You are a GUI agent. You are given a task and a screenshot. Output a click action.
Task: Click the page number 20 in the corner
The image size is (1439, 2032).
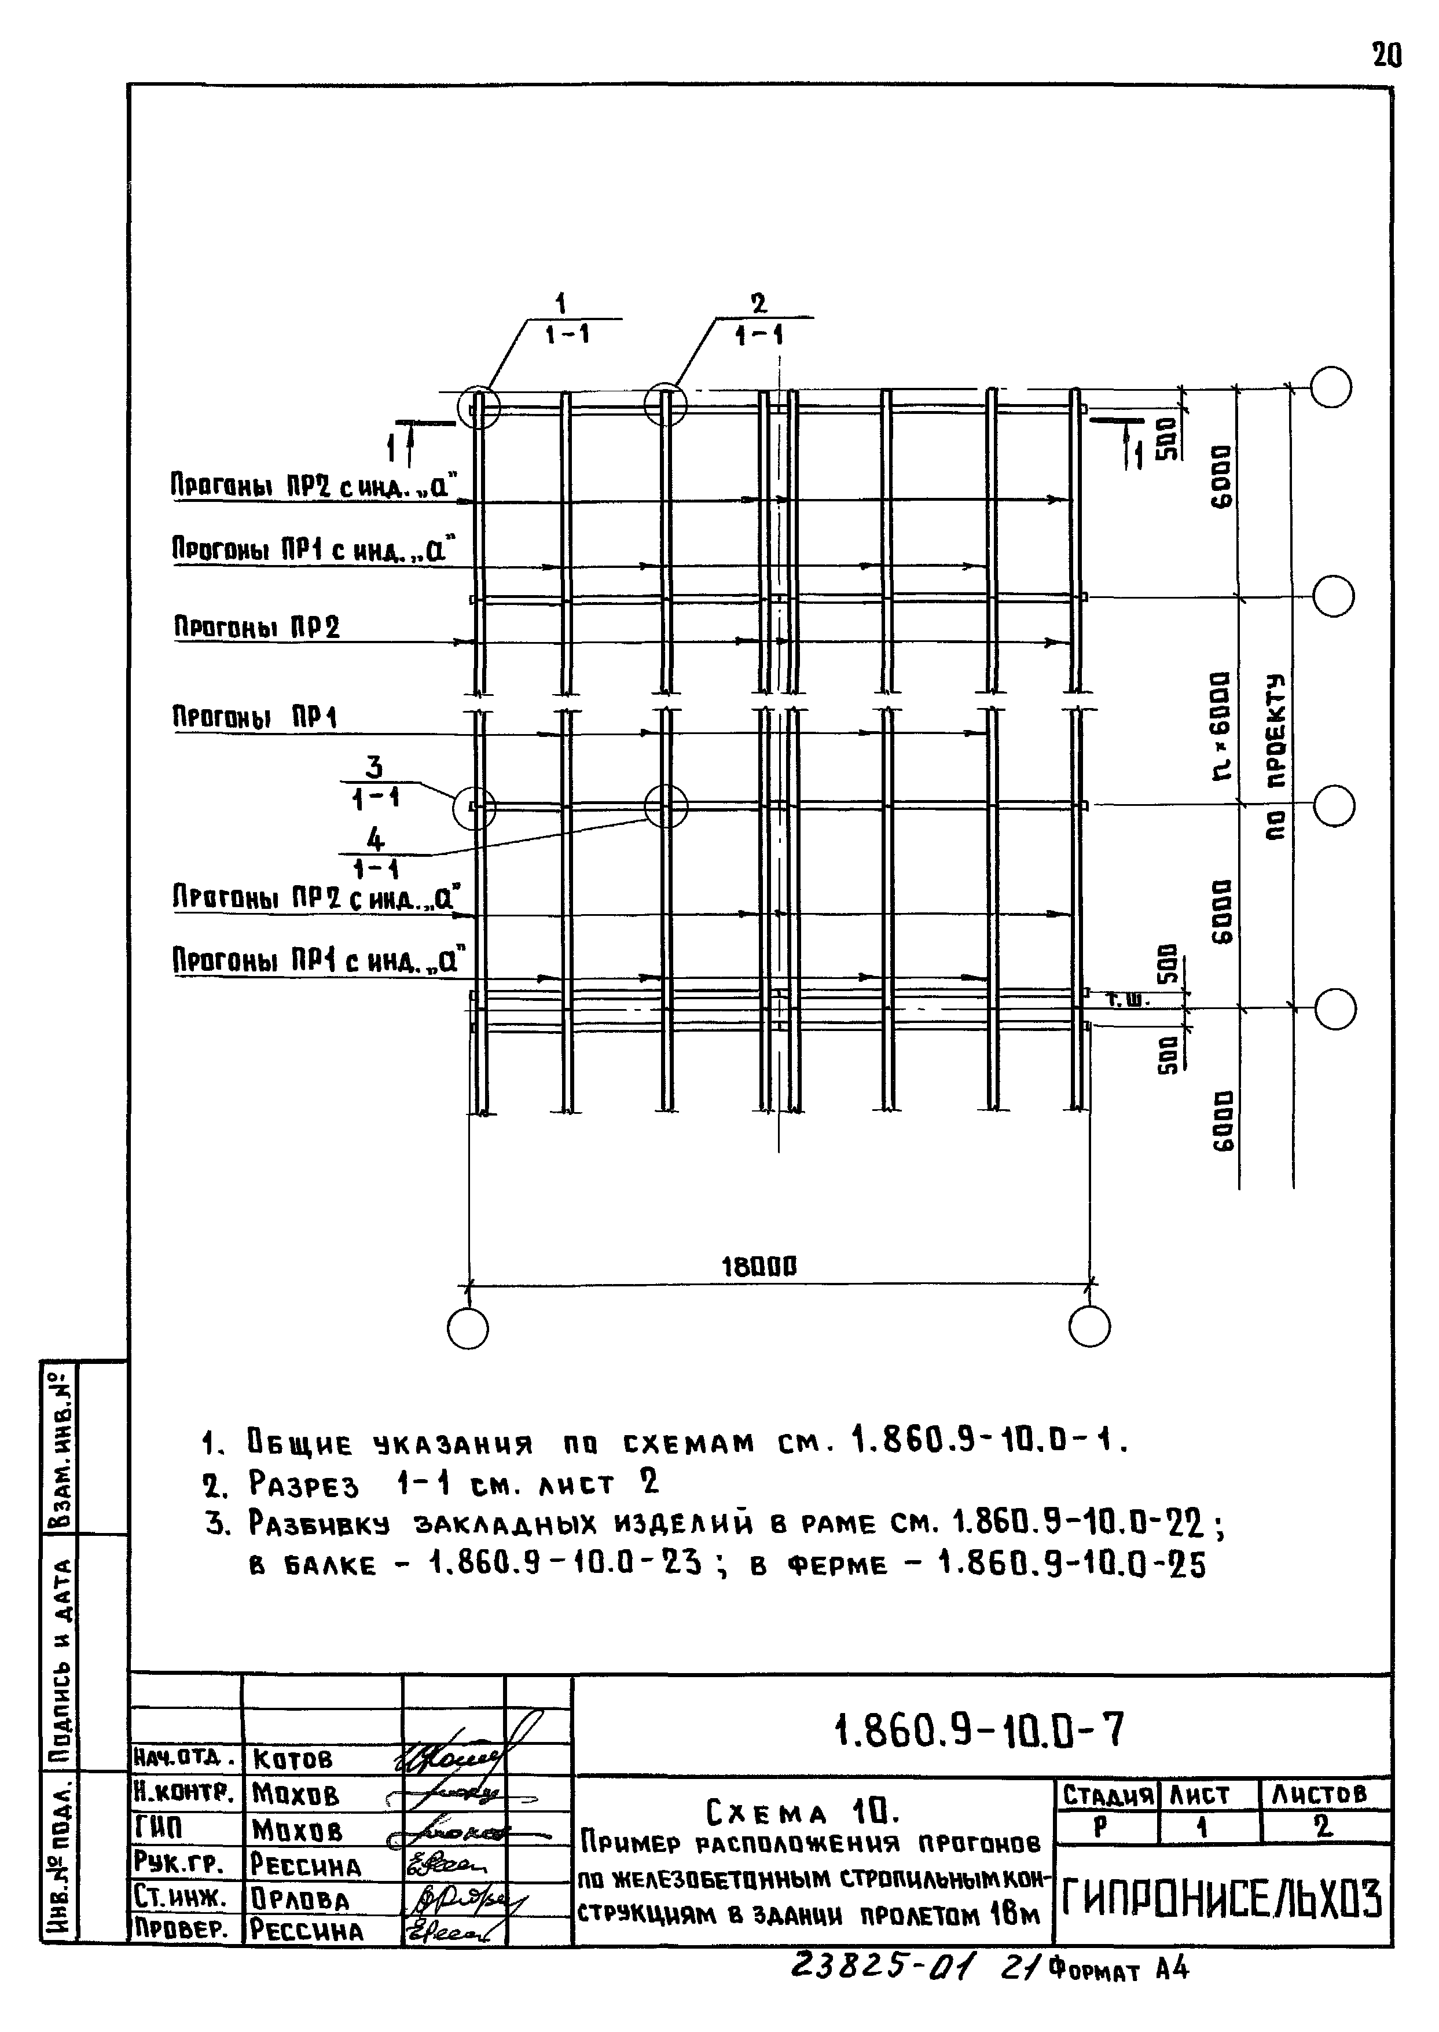coord(1387,56)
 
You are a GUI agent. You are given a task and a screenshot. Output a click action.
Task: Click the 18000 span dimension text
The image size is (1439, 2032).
coord(759,1266)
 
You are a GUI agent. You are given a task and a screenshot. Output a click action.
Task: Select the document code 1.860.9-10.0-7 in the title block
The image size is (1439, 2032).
coord(979,1729)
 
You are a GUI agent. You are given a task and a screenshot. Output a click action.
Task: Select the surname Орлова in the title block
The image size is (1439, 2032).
coord(300,1899)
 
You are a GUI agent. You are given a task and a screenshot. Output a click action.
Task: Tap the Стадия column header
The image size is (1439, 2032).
coord(1107,1795)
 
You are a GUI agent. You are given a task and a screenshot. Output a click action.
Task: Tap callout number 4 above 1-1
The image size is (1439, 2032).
coord(376,838)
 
